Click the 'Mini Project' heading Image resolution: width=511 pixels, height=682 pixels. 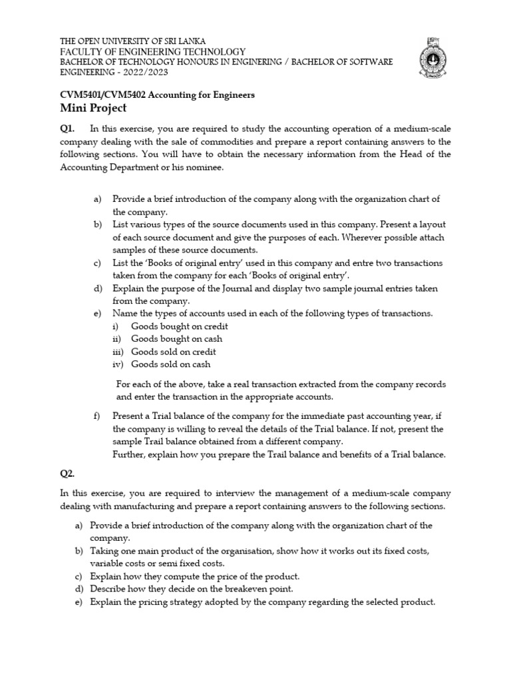point(93,108)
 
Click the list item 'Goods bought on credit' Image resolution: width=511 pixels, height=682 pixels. point(179,326)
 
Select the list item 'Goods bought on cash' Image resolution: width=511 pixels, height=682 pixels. point(176,339)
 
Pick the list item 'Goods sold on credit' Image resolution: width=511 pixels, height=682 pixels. point(173,352)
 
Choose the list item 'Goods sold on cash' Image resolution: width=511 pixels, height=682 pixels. point(170,364)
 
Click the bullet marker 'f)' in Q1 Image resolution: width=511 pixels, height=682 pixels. point(97,416)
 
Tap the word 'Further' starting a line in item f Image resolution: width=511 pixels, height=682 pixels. point(129,454)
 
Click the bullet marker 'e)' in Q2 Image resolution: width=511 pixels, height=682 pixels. point(79,601)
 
